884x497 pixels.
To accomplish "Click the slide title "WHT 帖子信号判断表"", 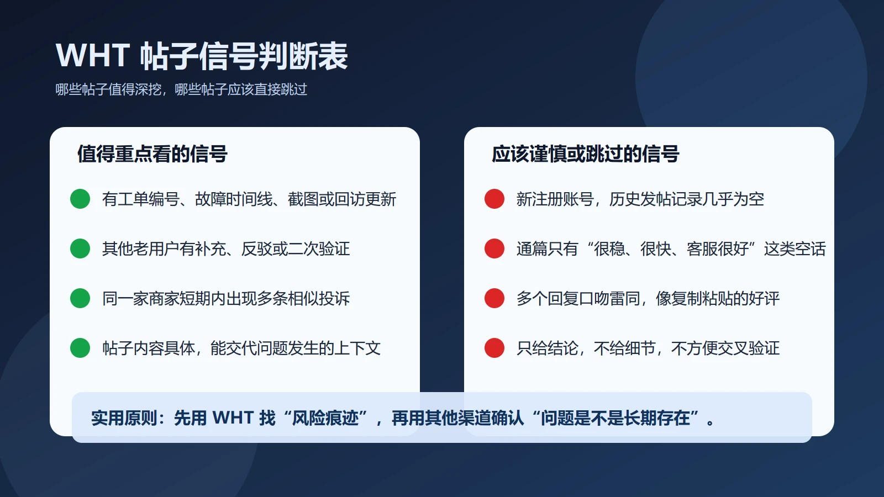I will (202, 56).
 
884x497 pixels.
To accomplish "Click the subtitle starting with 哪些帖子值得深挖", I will (181, 89).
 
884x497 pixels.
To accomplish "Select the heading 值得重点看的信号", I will (152, 154).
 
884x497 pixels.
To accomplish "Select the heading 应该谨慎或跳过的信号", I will (585, 154).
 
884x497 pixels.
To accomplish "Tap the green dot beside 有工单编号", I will (80, 199).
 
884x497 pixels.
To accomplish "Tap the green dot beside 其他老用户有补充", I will (80, 248).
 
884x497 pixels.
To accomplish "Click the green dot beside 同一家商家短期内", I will (80, 298).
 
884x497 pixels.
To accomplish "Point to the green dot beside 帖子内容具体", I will (80, 348).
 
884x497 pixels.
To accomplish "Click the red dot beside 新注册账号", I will (494, 199).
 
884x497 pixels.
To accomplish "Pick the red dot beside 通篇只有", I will (494, 248).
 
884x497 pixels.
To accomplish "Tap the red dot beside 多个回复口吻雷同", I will (494, 298).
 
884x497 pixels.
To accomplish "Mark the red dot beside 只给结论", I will (494, 348).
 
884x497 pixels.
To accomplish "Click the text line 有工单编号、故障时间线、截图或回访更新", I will (249, 199).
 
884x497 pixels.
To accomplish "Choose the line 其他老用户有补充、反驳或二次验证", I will (226, 249).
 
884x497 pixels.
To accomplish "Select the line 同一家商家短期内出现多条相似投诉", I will (226, 299).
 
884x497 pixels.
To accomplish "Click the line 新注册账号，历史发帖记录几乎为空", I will (640, 199).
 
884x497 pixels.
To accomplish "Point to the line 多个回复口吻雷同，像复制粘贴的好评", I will (648, 299).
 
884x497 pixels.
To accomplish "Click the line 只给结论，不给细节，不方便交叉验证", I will (648, 348).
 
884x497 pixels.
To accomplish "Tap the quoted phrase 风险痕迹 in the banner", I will (325, 418).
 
